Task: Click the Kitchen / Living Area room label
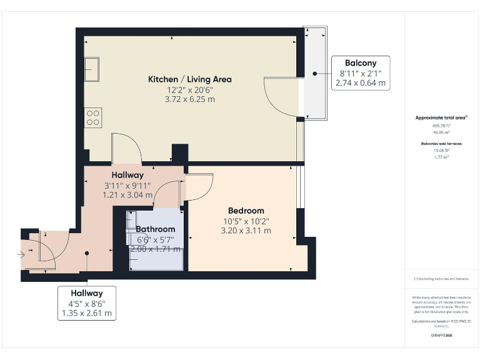pos(189,79)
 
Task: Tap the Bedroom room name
pos(246,211)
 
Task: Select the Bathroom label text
pos(156,229)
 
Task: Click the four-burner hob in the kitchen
pos(93,117)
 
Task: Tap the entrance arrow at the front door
pos(21,254)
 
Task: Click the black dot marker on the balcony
pos(316,73)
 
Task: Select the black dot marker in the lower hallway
pos(87,253)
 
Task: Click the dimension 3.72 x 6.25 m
pos(189,99)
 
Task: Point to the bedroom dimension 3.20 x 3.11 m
pos(246,231)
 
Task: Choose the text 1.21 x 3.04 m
pos(127,195)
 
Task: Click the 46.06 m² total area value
pos(442,132)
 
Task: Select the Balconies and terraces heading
pos(442,144)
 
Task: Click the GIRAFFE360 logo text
pos(442,336)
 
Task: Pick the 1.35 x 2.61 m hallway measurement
pos(86,314)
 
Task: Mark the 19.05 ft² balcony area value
pos(442,151)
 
